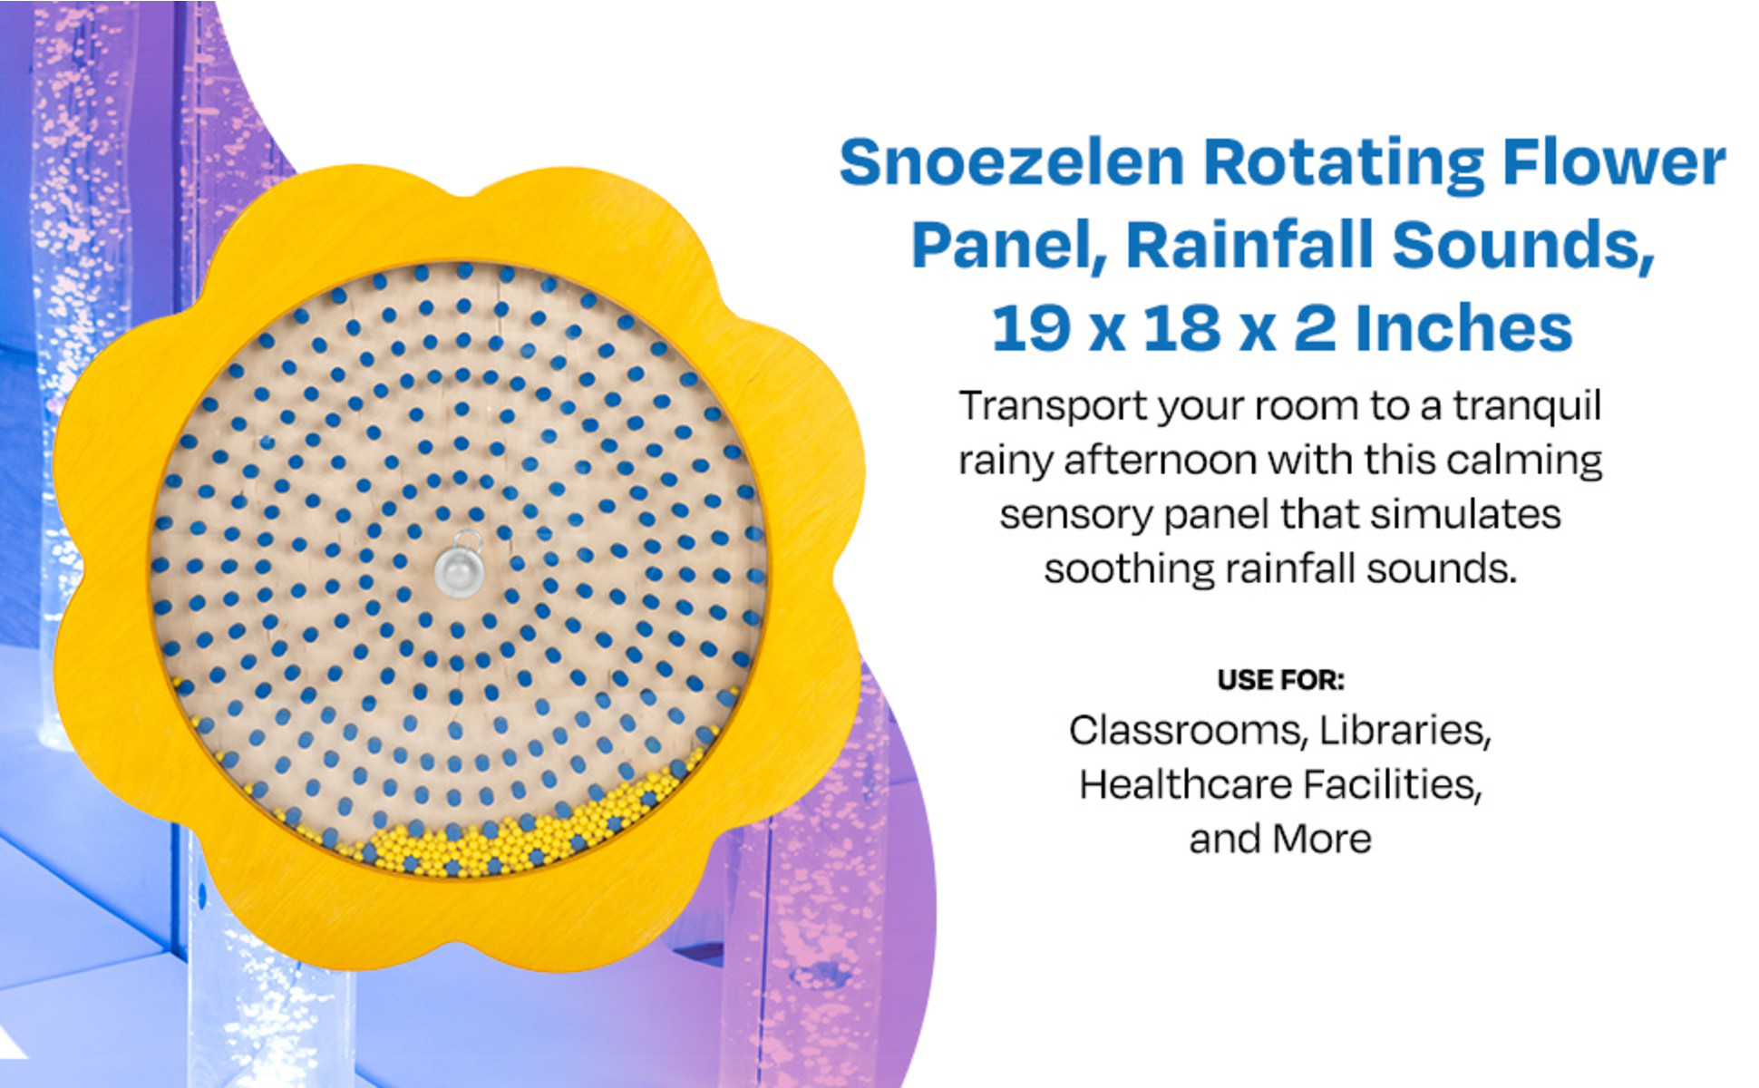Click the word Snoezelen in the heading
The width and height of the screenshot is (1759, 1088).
1012,163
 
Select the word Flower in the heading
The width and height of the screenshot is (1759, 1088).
1614,163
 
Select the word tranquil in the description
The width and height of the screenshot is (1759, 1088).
1527,407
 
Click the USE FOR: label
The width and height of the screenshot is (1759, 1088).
1280,680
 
